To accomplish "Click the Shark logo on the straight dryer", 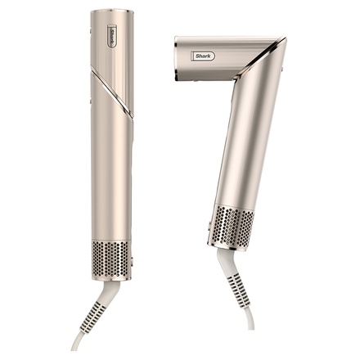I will click(111, 38).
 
